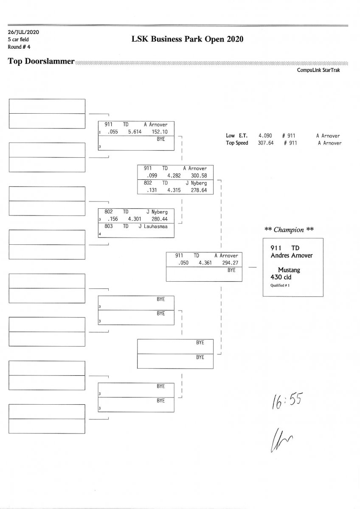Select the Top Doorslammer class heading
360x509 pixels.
(x=41, y=62)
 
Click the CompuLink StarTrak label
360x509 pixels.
(x=318, y=70)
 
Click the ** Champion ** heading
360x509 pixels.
(x=289, y=230)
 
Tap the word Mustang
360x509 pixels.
(x=289, y=270)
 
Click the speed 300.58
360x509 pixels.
(x=199, y=176)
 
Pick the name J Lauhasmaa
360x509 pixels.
(x=153, y=227)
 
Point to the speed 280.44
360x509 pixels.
(x=160, y=219)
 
